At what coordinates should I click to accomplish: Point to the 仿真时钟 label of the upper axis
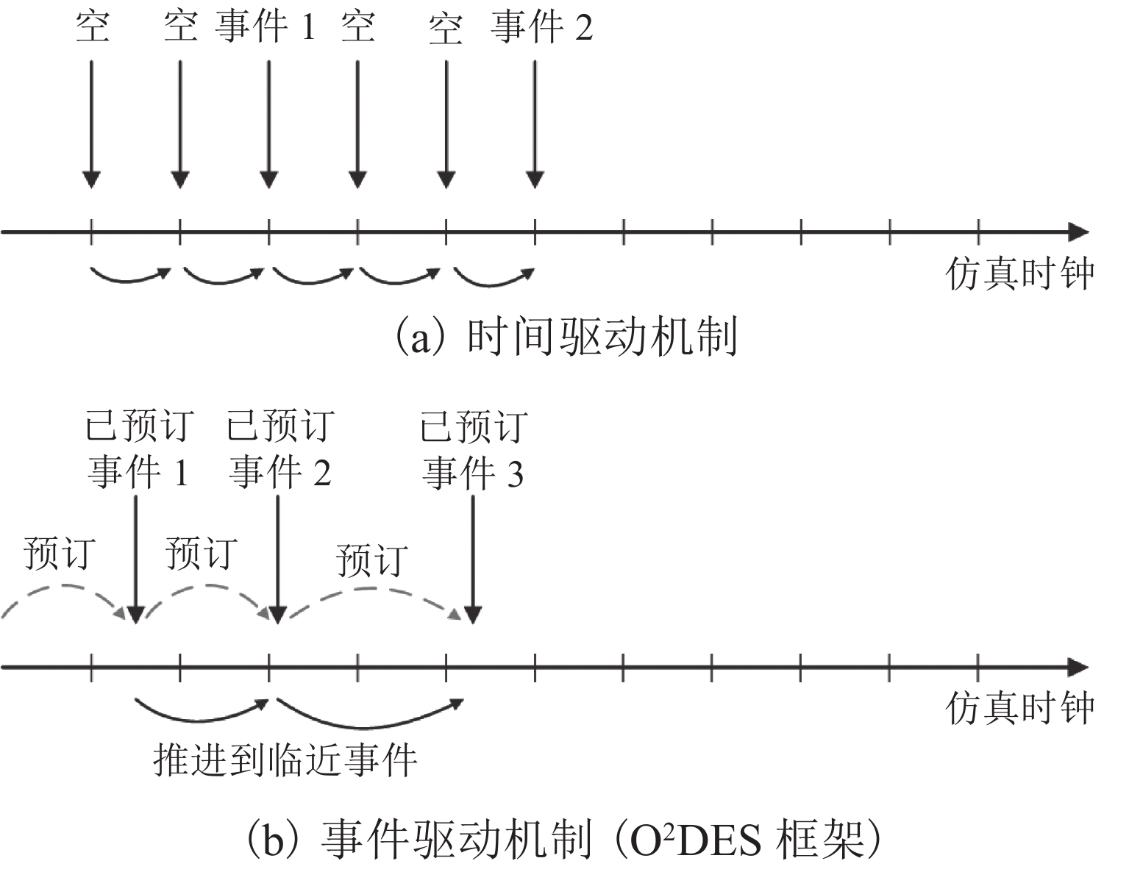click(x=1019, y=274)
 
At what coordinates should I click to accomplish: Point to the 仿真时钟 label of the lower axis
click(x=1019, y=707)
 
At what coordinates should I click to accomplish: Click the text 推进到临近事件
click(x=285, y=759)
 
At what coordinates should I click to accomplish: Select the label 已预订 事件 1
click(x=138, y=450)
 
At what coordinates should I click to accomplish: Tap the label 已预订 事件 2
click(x=280, y=450)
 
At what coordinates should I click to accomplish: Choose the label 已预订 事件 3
click(x=474, y=450)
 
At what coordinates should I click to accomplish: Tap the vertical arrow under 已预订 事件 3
click(x=473, y=559)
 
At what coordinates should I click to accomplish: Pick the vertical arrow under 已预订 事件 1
click(x=136, y=559)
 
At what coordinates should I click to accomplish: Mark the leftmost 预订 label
click(x=59, y=553)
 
